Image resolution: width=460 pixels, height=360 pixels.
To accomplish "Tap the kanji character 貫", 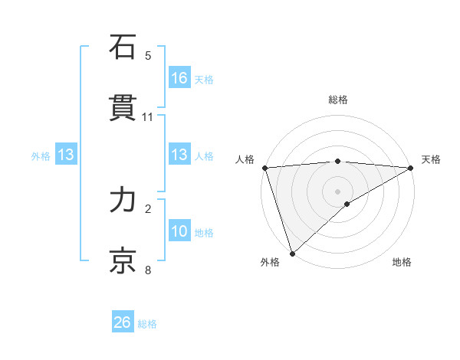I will tap(123, 108).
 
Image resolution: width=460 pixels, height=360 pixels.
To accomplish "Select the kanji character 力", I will tap(123, 200).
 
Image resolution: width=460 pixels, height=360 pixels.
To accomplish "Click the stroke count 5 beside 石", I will tap(148, 56).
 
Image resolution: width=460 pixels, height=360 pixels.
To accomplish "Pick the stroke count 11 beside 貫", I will tap(148, 117).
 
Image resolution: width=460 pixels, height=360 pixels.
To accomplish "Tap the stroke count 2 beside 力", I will tap(148, 208).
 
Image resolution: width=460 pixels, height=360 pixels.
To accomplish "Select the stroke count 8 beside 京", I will tap(148, 270).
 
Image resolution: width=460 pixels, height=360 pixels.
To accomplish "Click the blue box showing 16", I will tap(179, 78).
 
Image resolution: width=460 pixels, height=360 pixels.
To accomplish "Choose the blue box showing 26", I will tap(123, 322).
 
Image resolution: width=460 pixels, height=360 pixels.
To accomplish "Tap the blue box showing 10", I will tap(179, 231).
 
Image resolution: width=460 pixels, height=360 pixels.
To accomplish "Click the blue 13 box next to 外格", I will tap(66, 155).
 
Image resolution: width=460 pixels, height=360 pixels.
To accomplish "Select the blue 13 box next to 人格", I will tap(179, 155).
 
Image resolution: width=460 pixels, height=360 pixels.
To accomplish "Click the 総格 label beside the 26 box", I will tap(147, 324).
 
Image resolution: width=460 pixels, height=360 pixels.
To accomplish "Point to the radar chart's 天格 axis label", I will tap(431, 159).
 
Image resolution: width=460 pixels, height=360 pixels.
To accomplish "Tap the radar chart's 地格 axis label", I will tap(402, 262).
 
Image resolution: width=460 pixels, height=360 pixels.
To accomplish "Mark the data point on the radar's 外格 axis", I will tap(291, 253).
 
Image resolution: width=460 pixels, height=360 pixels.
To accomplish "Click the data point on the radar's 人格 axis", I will tap(264, 168).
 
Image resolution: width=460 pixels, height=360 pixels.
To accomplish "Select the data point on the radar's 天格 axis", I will tap(411, 168).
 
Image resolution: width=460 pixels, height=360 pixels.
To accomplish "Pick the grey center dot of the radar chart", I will tap(337, 191).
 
